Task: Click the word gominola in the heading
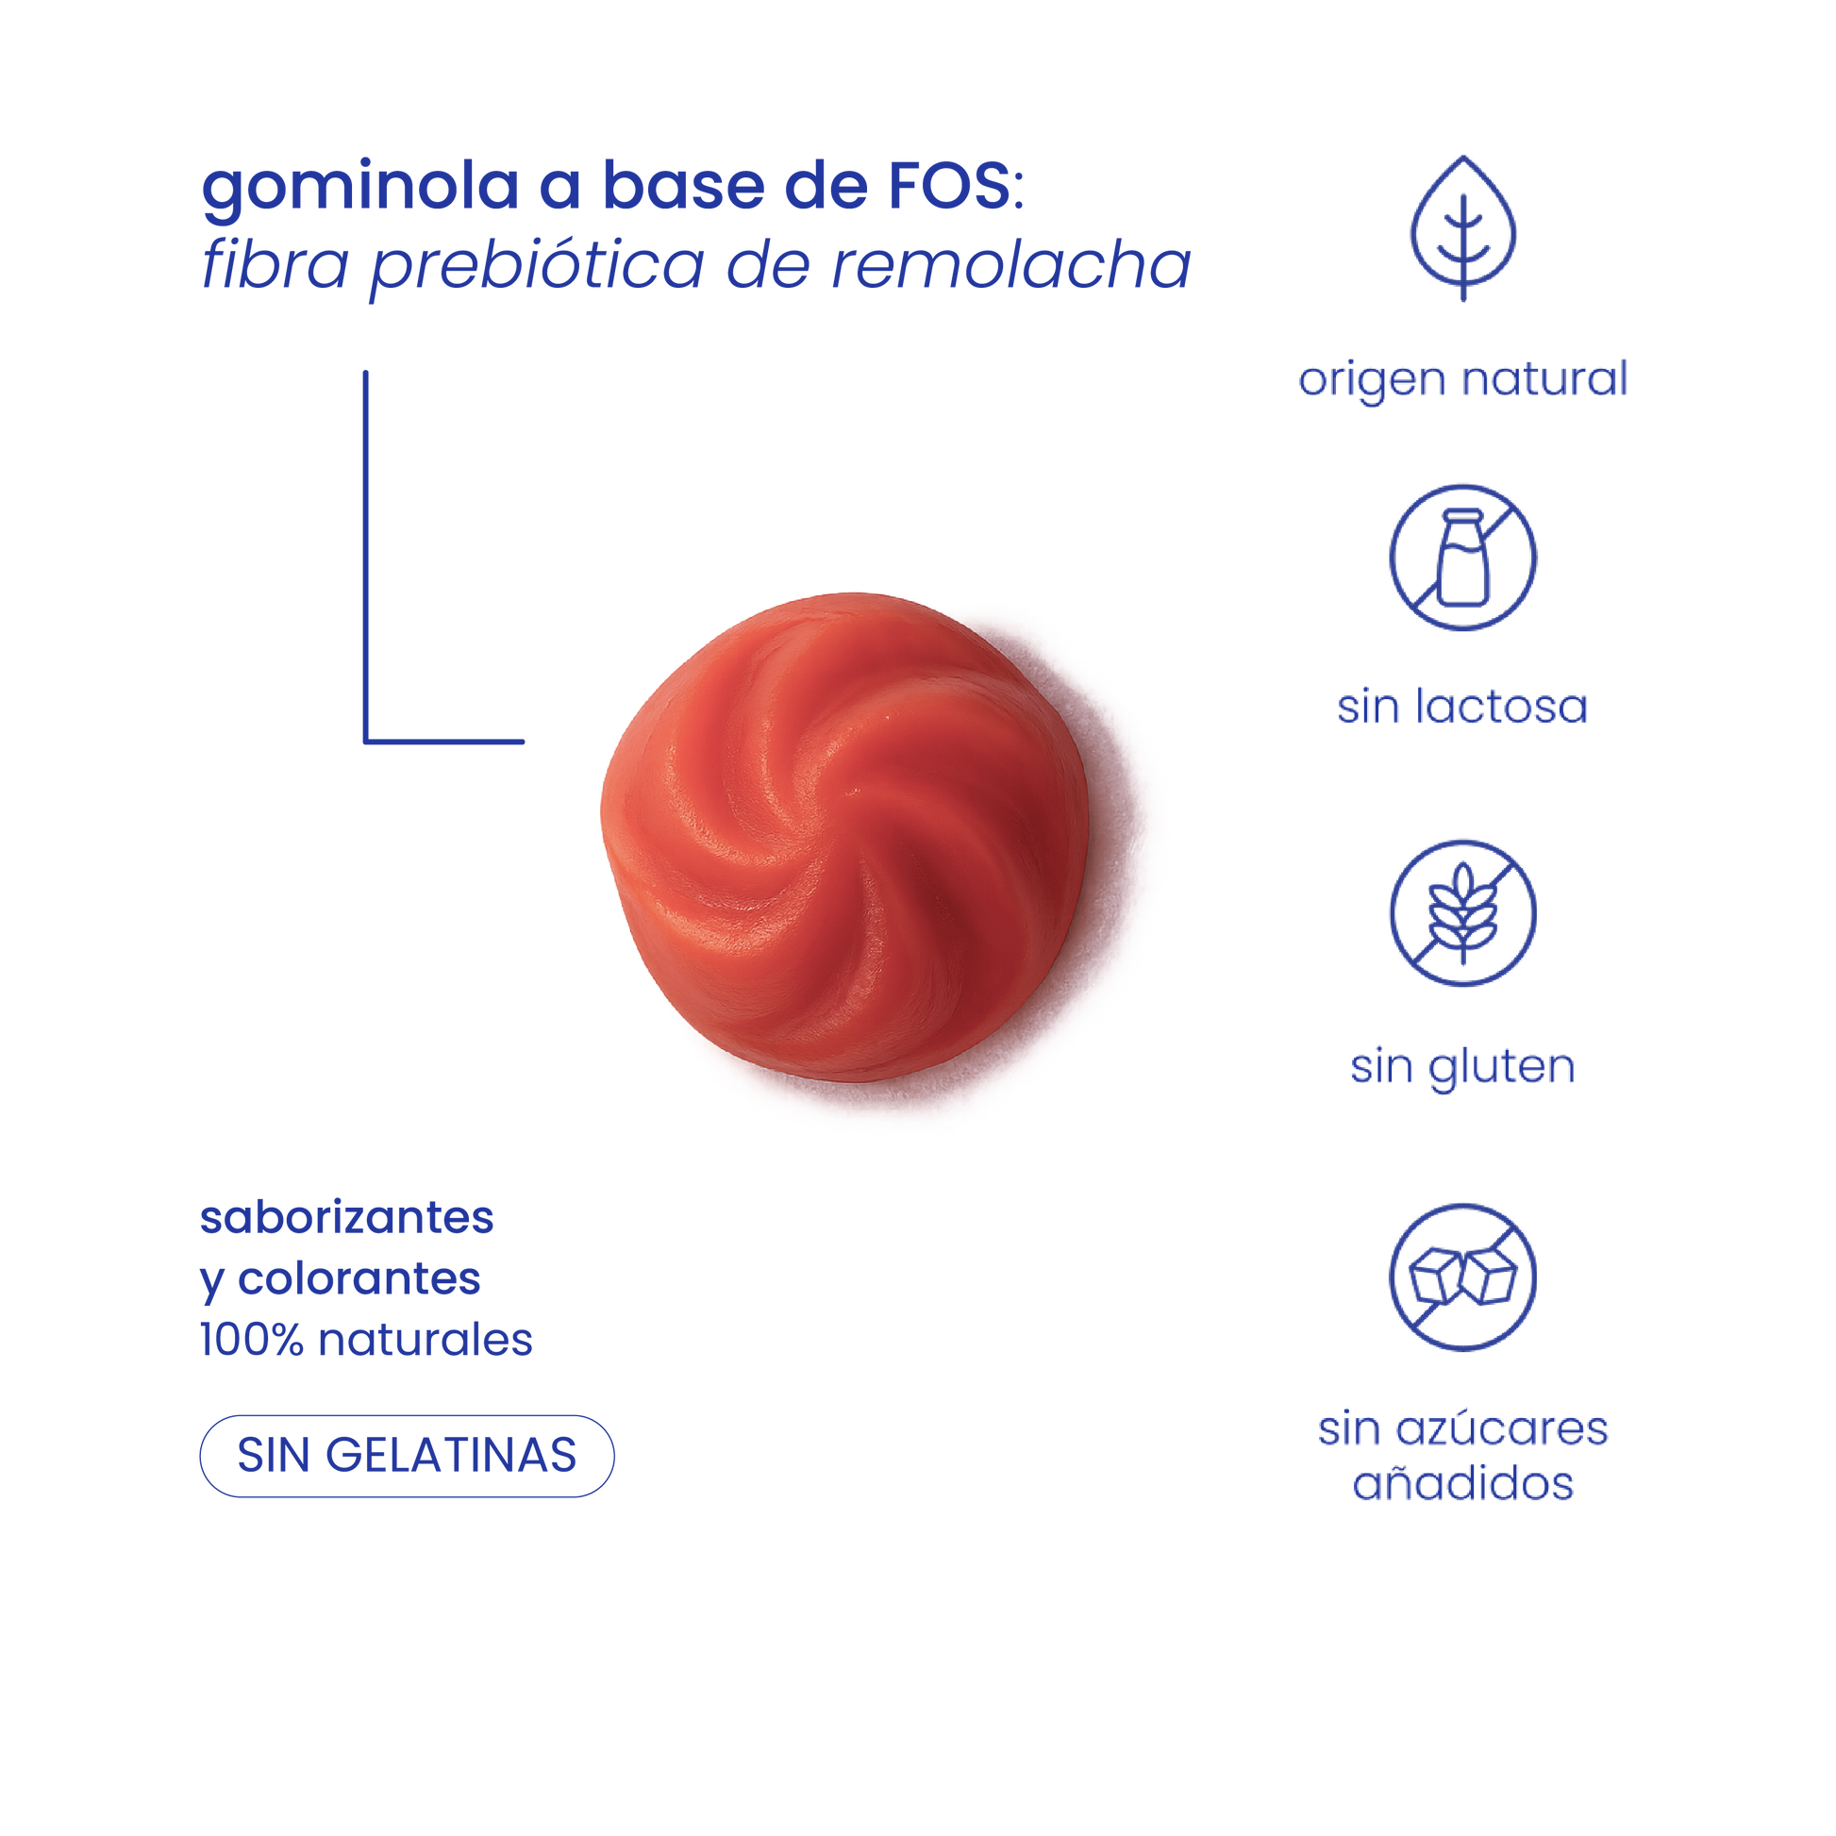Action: pos(359,190)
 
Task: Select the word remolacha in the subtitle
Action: pos(1011,266)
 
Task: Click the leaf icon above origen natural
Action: pos(1462,228)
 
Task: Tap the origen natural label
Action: pos(1462,380)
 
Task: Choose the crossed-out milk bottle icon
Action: pos(1462,558)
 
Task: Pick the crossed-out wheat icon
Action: pos(1462,913)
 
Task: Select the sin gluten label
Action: pos(1462,1067)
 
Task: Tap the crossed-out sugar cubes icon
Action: pos(1462,1277)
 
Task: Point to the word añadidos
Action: pos(1462,1484)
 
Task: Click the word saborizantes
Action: pos(347,1219)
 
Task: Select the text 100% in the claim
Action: pos(251,1341)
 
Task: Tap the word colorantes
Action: pos(359,1280)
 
